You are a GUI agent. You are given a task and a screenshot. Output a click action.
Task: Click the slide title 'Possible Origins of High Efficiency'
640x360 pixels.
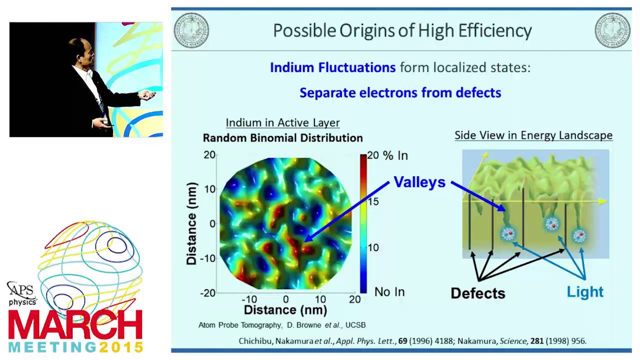pyautogui.click(x=402, y=31)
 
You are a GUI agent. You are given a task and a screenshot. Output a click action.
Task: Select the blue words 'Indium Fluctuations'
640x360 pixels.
pyautogui.click(x=332, y=67)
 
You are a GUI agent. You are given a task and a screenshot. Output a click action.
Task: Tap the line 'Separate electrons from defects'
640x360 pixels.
pyautogui.click(x=400, y=92)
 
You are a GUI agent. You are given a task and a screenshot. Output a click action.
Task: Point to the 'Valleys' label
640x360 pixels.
pyautogui.click(x=419, y=182)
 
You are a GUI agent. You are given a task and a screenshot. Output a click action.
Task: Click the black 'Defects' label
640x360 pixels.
pyautogui.click(x=477, y=293)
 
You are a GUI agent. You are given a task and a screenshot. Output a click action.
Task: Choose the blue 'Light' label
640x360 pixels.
pyautogui.click(x=585, y=292)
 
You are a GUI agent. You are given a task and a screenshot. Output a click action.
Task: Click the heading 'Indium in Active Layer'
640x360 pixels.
pyautogui.click(x=282, y=122)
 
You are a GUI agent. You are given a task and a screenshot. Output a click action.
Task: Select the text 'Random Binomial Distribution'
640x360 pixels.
pyautogui.click(x=282, y=138)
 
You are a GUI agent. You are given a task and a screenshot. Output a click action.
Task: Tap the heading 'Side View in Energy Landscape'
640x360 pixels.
pyautogui.click(x=533, y=135)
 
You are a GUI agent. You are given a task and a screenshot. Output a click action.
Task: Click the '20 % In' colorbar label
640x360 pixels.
pyautogui.click(x=388, y=155)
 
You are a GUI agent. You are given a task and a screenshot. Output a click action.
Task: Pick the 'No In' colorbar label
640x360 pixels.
pyautogui.click(x=389, y=292)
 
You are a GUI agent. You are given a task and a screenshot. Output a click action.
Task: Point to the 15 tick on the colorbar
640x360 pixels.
pyautogui.click(x=373, y=201)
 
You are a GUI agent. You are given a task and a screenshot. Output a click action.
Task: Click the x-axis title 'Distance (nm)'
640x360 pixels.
pyautogui.click(x=285, y=310)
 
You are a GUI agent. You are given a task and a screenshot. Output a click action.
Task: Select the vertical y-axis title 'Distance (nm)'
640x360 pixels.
pyautogui.click(x=191, y=223)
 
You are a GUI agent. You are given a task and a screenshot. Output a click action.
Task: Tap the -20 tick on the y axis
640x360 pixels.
pyautogui.click(x=208, y=293)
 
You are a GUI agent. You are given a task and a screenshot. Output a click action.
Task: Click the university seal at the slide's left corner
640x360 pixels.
pyautogui.click(x=191, y=30)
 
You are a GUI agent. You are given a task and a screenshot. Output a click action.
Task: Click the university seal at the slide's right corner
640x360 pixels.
pyautogui.click(x=612, y=30)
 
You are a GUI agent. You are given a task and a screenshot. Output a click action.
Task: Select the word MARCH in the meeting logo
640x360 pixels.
pyautogui.click(x=75, y=325)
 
